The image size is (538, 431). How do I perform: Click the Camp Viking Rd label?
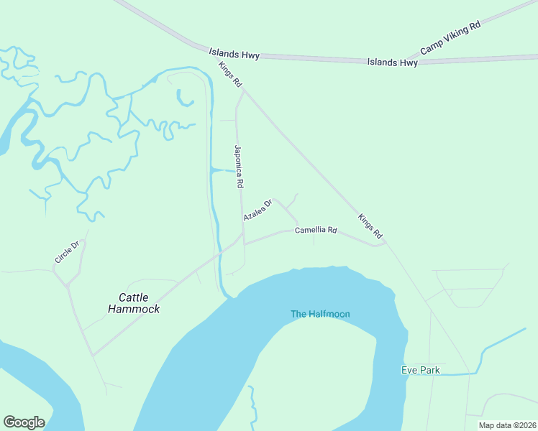pyautogui.click(x=450, y=38)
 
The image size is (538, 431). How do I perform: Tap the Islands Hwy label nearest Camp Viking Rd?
pyautogui.click(x=393, y=62)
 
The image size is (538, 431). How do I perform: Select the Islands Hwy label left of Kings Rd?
pyautogui.click(x=234, y=53)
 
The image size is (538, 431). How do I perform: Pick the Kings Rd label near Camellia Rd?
pyautogui.click(x=370, y=227)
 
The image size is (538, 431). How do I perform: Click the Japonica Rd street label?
pyautogui.click(x=237, y=166)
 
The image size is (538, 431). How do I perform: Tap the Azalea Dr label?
pyautogui.click(x=258, y=210)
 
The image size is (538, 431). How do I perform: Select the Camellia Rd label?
pyautogui.click(x=316, y=231)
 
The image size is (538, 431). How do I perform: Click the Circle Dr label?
pyautogui.click(x=70, y=251)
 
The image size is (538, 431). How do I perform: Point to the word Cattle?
pyautogui.click(x=133, y=297)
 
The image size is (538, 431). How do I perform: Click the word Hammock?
pyautogui.click(x=133, y=309)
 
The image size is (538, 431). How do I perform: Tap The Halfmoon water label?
pyautogui.click(x=320, y=314)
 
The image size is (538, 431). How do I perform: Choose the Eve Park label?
pyautogui.click(x=420, y=371)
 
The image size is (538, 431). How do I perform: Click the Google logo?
pyautogui.click(x=24, y=422)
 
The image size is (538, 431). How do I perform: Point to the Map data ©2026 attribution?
pyautogui.click(x=507, y=425)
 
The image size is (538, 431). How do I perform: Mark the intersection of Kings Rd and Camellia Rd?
pyautogui.click(x=386, y=244)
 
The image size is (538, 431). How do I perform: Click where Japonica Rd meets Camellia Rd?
pyautogui.click(x=244, y=244)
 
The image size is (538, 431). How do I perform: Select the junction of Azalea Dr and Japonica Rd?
pyautogui.click(x=242, y=223)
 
